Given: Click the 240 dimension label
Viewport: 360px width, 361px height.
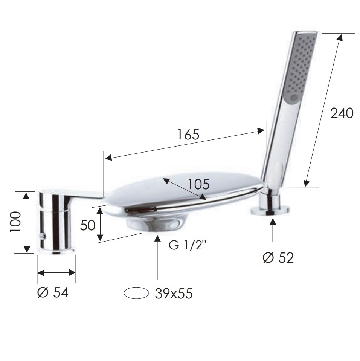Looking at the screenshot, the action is (x=342, y=113).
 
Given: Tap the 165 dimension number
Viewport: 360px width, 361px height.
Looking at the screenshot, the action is (x=188, y=134).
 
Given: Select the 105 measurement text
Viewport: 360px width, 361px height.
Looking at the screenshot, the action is (x=199, y=184).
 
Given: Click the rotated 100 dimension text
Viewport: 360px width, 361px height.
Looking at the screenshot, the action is (x=15, y=222).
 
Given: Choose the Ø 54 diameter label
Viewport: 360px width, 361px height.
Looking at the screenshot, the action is (x=53, y=293).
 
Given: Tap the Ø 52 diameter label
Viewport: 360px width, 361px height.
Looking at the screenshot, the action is (x=278, y=258).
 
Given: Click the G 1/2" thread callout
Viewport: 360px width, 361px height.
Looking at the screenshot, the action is (x=186, y=245).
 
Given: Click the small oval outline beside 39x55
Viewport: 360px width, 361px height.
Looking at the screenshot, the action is (x=136, y=293).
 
